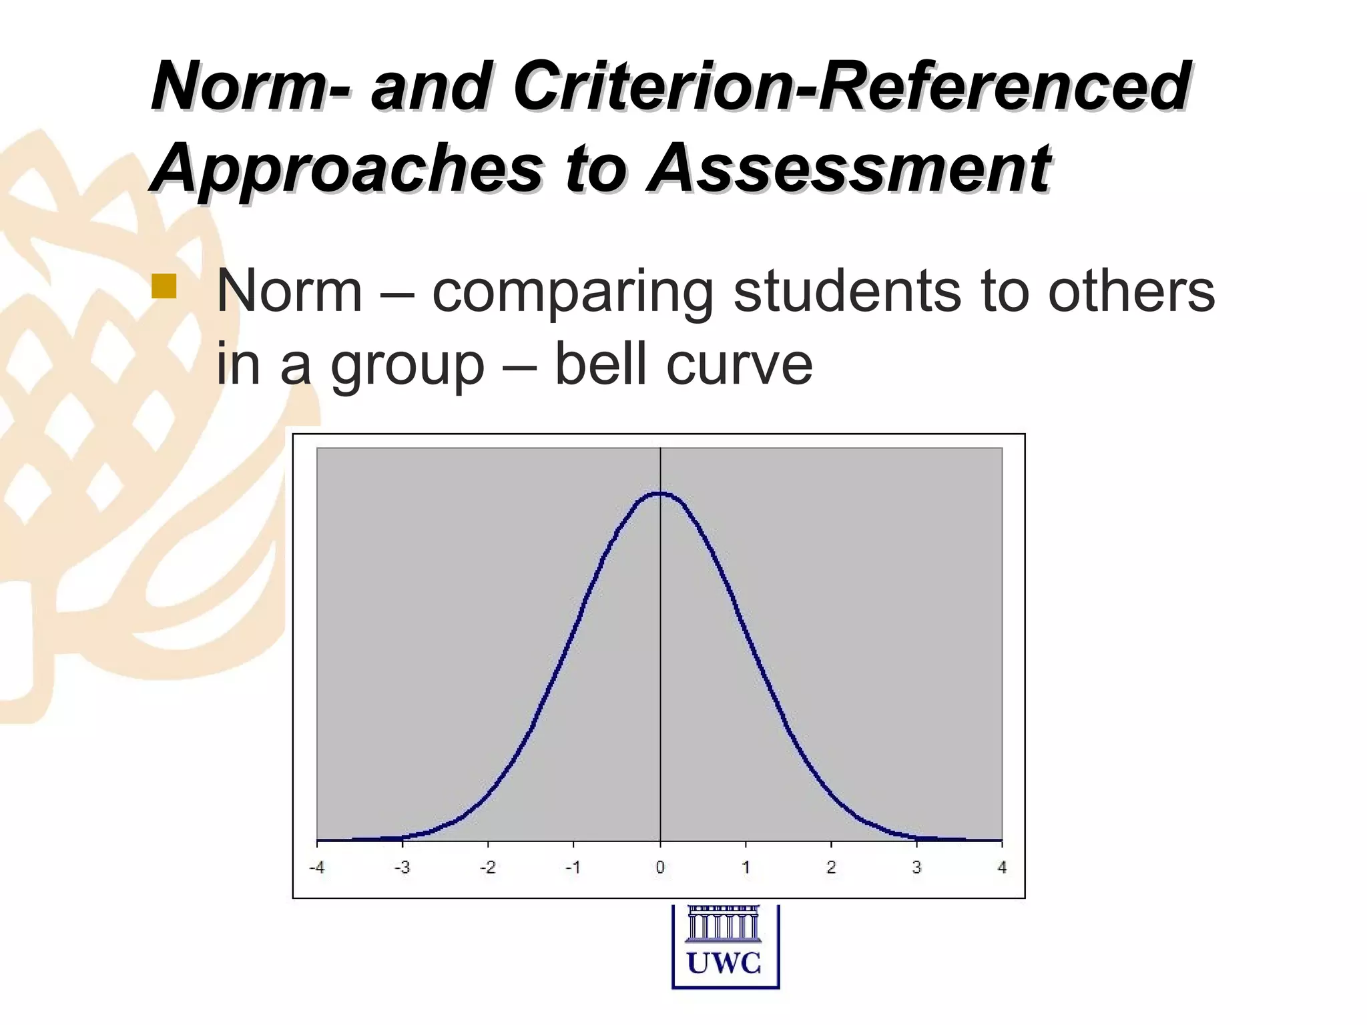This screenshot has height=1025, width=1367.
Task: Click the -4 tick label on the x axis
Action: tap(316, 868)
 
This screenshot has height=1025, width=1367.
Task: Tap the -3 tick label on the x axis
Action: tap(402, 868)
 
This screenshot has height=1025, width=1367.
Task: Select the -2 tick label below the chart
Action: tap(487, 868)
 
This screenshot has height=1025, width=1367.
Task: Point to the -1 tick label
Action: tap(573, 868)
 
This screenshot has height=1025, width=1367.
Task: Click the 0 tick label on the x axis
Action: tap(660, 868)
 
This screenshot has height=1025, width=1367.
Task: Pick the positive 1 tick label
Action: tap(746, 868)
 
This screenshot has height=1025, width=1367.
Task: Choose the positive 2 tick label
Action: tap(831, 868)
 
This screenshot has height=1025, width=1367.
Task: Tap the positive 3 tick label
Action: tap(916, 868)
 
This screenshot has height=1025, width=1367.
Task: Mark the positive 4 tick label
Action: tap(1002, 868)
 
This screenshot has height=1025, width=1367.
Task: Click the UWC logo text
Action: tap(725, 964)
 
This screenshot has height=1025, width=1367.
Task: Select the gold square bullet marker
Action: tap(164, 285)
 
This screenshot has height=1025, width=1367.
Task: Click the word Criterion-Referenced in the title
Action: tap(851, 87)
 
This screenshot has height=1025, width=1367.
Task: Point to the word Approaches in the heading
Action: tap(347, 168)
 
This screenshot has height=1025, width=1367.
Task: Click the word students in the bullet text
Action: tap(848, 292)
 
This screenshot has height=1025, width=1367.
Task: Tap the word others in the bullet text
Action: tap(1131, 292)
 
